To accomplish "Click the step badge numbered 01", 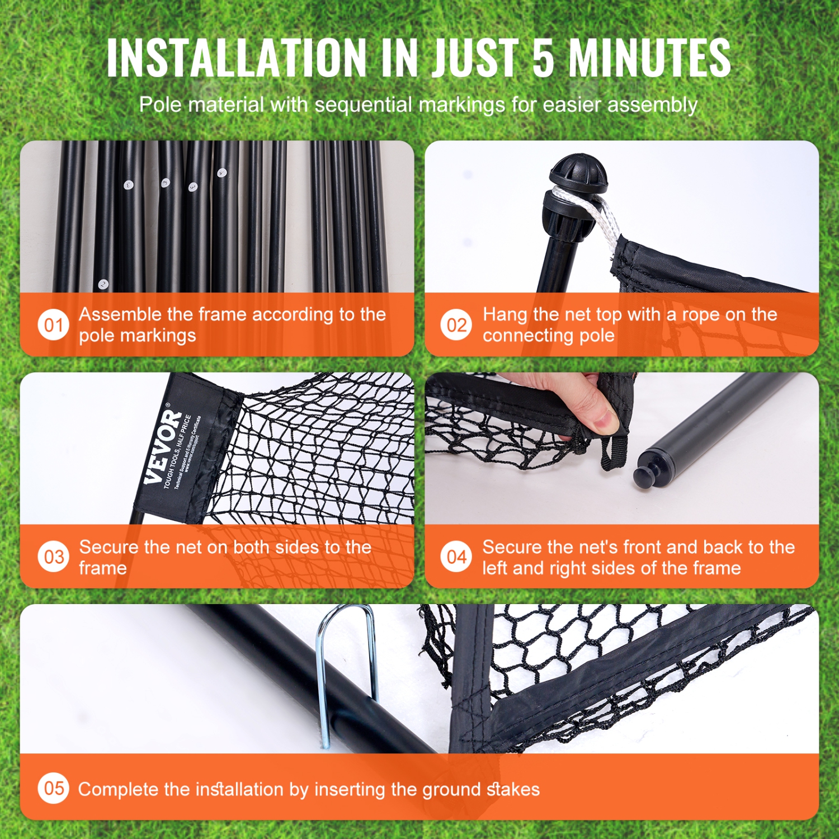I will (x=53, y=325).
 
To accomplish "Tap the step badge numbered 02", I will (x=456, y=325).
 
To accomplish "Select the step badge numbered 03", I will (x=53, y=557).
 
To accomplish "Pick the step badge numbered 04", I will (x=456, y=557).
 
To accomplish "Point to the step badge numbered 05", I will (x=53, y=789).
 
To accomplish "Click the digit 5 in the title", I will (x=543, y=58).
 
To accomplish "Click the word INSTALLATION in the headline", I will (x=236, y=58).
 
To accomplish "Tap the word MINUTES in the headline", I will (x=649, y=58).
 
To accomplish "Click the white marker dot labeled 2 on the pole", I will (x=103, y=284).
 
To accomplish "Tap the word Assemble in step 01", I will (x=120, y=314).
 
